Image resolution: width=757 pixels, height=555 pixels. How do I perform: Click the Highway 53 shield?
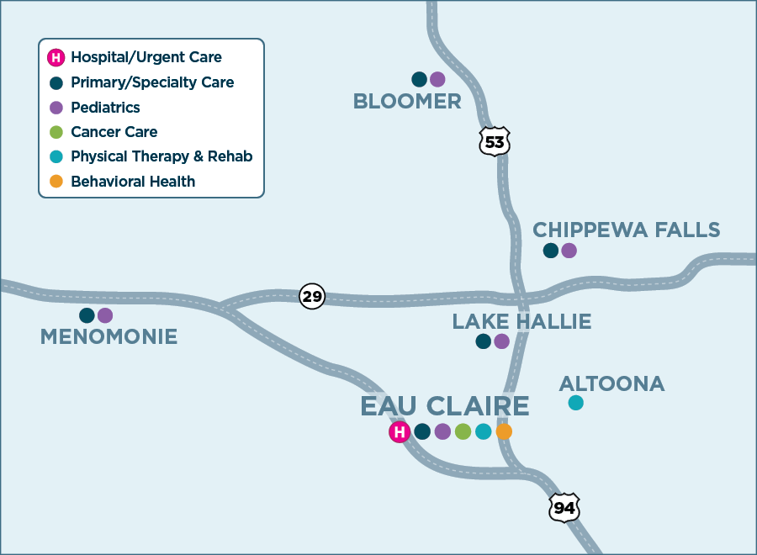coord(495,141)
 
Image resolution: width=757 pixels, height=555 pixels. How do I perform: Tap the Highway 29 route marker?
coord(312,297)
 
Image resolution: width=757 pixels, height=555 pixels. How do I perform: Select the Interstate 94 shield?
coord(564,507)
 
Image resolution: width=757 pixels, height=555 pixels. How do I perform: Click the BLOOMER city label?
coord(407,102)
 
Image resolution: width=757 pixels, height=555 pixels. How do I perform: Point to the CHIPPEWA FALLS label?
coord(627,230)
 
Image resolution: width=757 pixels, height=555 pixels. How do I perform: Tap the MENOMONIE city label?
coord(109,337)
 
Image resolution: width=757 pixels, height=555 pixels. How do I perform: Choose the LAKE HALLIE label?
coord(521,321)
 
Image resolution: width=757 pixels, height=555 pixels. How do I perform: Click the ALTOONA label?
coord(611,384)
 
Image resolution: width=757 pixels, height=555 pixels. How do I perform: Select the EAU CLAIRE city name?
coord(445,406)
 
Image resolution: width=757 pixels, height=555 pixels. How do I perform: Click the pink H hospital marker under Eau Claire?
coord(400,432)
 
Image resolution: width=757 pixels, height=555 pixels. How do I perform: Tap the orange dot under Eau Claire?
coord(504,431)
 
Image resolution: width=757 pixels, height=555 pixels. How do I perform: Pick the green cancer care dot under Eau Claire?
coord(463,431)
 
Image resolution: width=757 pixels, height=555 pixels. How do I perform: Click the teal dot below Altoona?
coord(575,403)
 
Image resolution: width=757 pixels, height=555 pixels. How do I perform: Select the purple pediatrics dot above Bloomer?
coord(437,80)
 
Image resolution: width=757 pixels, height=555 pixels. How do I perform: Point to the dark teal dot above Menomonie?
coord(87,315)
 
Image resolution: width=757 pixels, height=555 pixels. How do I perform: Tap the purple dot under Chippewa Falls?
coord(569,251)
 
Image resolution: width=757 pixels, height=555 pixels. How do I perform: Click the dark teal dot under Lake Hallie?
coord(483,341)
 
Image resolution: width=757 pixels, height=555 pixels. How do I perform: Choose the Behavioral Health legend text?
coord(133,182)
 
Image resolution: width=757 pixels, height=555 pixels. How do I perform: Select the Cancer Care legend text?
coord(114,132)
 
